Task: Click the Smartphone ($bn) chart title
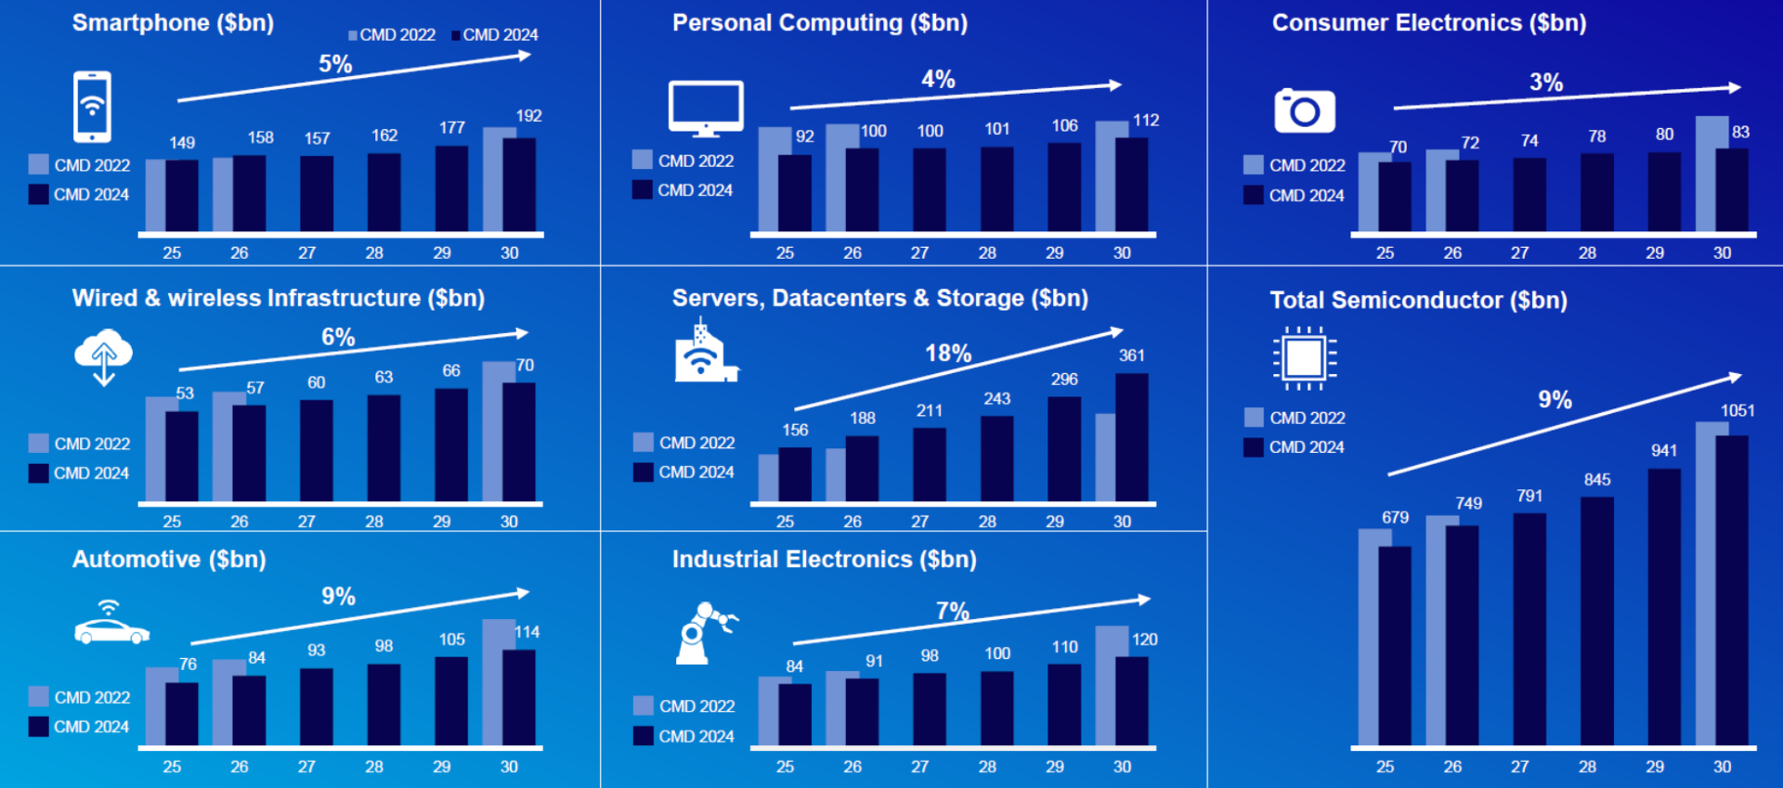click(x=173, y=23)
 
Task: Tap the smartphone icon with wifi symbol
click(x=92, y=107)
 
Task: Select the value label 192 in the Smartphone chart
click(x=528, y=116)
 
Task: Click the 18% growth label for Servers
click(x=948, y=354)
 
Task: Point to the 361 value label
click(x=1131, y=355)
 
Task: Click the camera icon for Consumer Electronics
click(x=1305, y=111)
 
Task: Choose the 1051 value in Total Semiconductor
click(x=1737, y=410)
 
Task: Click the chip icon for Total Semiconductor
click(x=1305, y=357)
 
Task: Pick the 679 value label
click(x=1395, y=518)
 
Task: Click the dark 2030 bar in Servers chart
click(x=1131, y=438)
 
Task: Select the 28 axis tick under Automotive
click(x=374, y=767)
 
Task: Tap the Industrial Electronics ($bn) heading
click(x=824, y=560)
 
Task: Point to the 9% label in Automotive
click(x=338, y=597)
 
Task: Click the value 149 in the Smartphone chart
click(x=182, y=143)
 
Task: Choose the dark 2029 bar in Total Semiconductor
click(x=1664, y=607)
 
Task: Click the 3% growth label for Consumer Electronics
click(x=1546, y=83)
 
